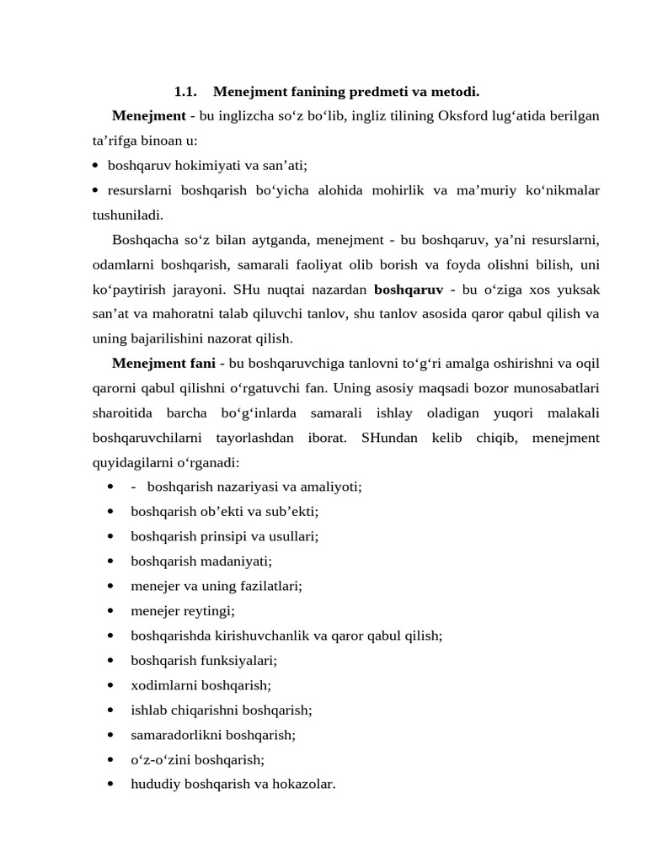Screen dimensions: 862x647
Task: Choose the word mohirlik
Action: [x=395, y=190]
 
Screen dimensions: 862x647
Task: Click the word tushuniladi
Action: [x=128, y=215]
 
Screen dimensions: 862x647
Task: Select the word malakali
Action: [x=574, y=412]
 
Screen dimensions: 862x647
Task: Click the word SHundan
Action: [x=390, y=438]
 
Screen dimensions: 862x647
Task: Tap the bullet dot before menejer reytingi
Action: [x=112, y=610]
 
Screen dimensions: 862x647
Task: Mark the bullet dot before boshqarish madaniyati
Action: [x=112, y=561]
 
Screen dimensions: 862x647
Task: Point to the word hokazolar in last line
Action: [x=300, y=784]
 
